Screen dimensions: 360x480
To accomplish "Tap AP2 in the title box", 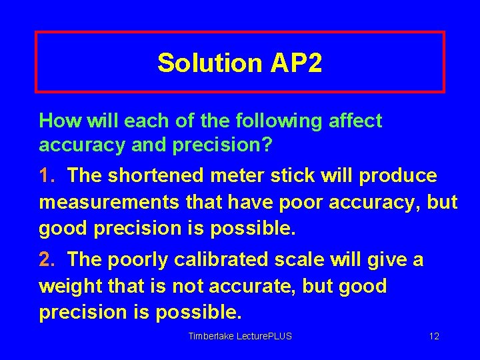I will point(296,63).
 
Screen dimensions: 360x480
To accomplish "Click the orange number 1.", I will point(45,175).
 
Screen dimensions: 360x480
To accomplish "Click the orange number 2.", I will point(45,259).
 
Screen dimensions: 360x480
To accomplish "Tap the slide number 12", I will point(434,336).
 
